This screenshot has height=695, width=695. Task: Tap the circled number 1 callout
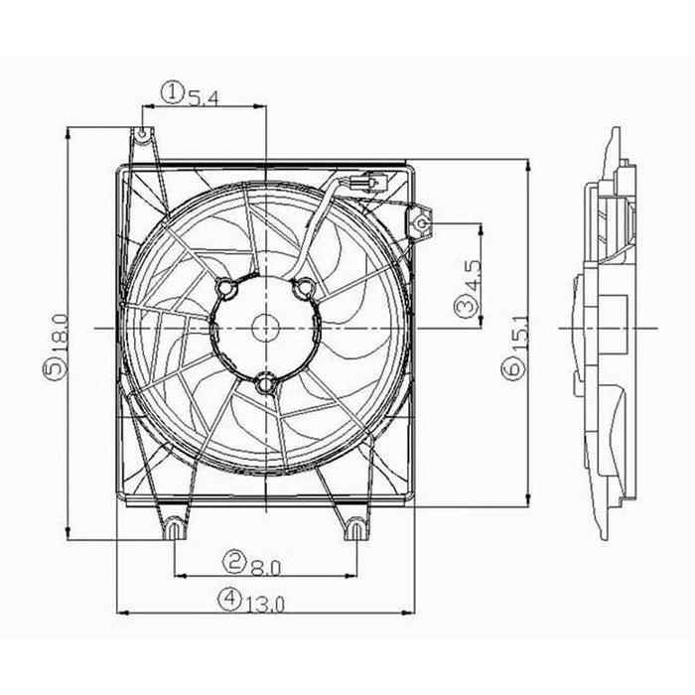(x=173, y=93)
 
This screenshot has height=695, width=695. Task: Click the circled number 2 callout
(x=234, y=565)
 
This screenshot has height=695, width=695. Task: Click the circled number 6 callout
(x=511, y=370)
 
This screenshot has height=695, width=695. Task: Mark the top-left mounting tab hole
(x=144, y=133)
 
